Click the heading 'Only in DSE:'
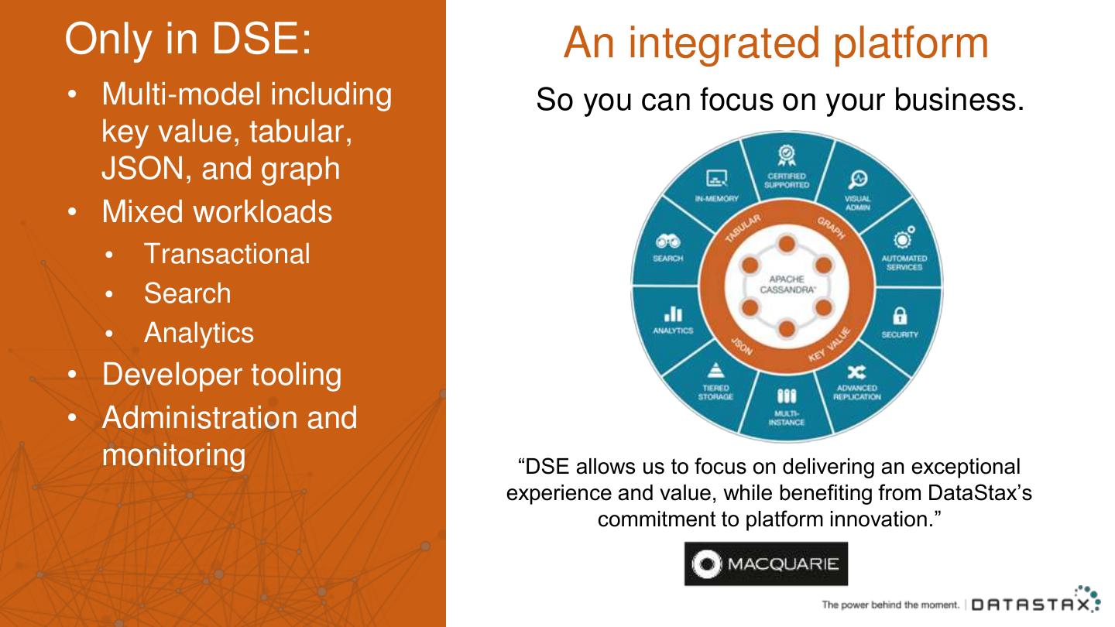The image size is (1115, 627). click(188, 39)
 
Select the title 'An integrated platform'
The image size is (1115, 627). click(776, 43)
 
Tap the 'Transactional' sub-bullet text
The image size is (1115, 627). click(226, 254)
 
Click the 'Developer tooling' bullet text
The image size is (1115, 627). click(221, 374)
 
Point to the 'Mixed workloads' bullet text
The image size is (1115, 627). click(217, 211)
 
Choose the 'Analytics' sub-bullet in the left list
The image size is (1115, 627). click(198, 333)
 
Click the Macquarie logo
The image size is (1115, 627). click(765, 564)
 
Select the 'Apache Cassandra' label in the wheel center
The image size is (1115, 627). click(786, 284)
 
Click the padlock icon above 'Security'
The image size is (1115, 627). click(900, 316)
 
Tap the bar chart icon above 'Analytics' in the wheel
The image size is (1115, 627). click(673, 313)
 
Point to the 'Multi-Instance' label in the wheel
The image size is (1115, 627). click(786, 418)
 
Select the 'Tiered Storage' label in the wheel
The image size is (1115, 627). click(715, 392)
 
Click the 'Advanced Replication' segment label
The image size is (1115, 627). click(856, 392)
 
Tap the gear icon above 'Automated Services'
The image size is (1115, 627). click(904, 237)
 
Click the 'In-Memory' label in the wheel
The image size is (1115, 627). click(716, 199)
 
